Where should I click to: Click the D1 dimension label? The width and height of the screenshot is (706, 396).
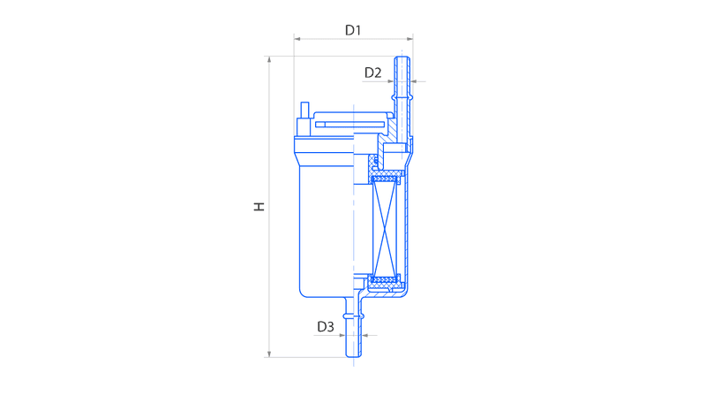(353, 30)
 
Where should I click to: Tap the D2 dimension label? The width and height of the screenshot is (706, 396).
(372, 72)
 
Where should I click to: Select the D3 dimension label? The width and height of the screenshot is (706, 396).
(326, 326)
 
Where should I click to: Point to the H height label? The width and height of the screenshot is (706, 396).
(259, 207)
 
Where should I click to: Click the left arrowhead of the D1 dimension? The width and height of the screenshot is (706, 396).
(297, 39)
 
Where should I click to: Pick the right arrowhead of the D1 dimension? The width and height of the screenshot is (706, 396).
(409, 39)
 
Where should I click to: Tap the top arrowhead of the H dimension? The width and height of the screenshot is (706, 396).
(269, 59)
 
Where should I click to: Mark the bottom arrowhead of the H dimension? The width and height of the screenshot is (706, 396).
(269, 354)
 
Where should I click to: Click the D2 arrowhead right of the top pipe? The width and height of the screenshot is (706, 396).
(413, 81)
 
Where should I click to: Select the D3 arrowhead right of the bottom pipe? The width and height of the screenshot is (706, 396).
(365, 335)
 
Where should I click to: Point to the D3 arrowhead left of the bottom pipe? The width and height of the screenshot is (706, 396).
(342, 335)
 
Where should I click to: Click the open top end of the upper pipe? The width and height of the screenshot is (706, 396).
(402, 57)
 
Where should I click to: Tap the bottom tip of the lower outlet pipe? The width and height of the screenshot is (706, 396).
(354, 356)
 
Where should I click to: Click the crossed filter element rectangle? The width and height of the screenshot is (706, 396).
(385, 226)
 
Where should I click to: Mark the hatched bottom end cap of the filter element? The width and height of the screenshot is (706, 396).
(384, 280)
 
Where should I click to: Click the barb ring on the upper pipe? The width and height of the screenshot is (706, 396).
(402, 98)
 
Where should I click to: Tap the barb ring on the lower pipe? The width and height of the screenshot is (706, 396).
(353, 316)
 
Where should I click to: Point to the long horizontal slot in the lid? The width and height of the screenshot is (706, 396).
(349, 125)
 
